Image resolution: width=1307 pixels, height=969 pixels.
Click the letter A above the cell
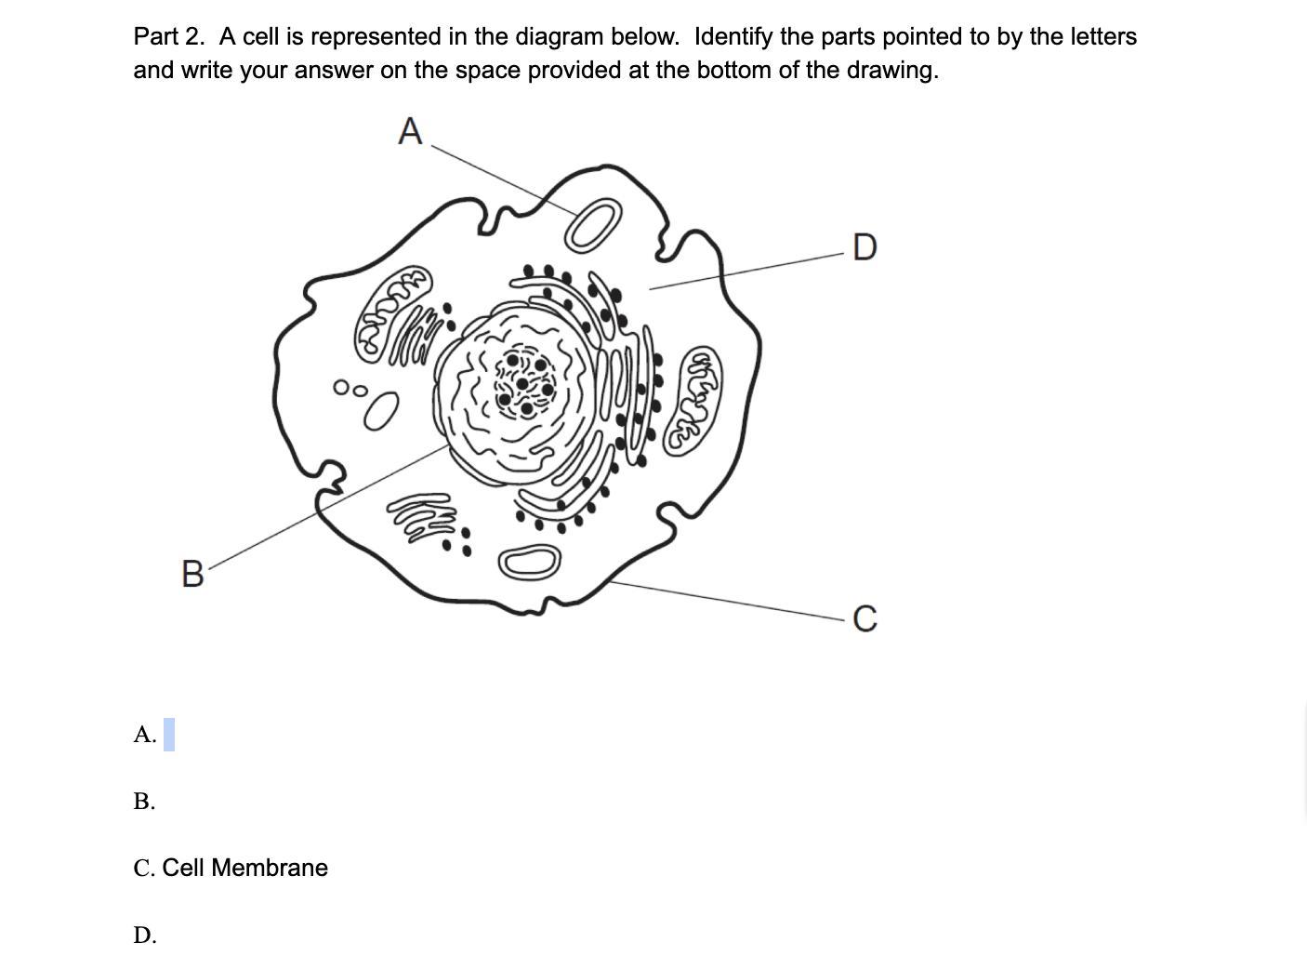click(x=410, y=130)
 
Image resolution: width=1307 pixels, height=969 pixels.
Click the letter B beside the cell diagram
click(x=192, y=574)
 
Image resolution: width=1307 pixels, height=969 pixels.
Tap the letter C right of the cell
click(x=865, y=618)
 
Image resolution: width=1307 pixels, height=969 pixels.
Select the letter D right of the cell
click(x=865, y=246)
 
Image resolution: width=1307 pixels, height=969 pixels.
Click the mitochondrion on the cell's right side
click(x=693, y=401)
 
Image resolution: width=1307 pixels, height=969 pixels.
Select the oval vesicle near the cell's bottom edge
click(x=529, y=563)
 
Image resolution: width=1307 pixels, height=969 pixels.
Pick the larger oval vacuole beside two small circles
click(x=381, y=410)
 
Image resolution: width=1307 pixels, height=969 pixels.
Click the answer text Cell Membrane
click(x=244, y=868)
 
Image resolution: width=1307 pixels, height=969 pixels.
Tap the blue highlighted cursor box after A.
click(x=168, y=735)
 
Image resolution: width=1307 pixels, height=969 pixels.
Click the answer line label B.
click(x=144, y=801)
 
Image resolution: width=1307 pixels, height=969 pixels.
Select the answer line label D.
click(x=145, y=935)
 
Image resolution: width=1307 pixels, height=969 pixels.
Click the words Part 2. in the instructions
click(x=169, y=36)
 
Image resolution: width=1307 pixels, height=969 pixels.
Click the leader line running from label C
click(x=728, y=601)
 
